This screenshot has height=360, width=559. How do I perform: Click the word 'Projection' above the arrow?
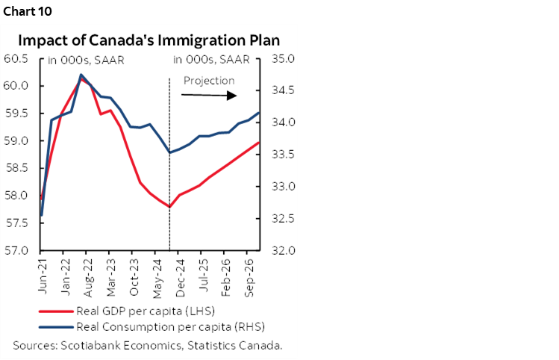209,81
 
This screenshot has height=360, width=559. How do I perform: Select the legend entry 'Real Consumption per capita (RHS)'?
160,326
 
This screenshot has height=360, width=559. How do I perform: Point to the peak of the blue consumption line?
80,75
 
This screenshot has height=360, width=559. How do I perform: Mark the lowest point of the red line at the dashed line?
169,207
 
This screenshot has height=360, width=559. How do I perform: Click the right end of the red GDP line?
259,143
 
